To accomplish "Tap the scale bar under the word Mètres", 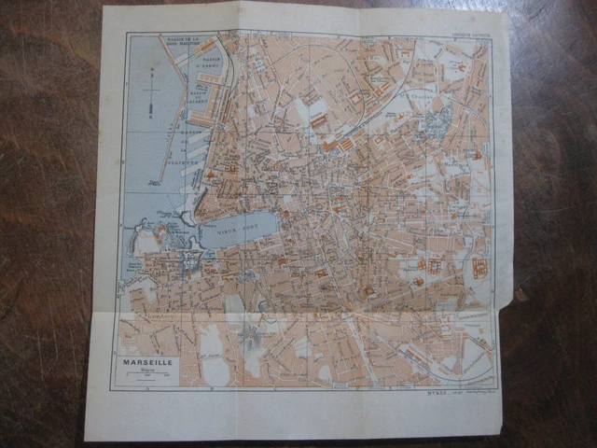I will [x=146, y=379].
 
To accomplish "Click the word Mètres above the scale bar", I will [x=146, y=372].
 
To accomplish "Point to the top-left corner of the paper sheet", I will [x=104, y=8].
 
